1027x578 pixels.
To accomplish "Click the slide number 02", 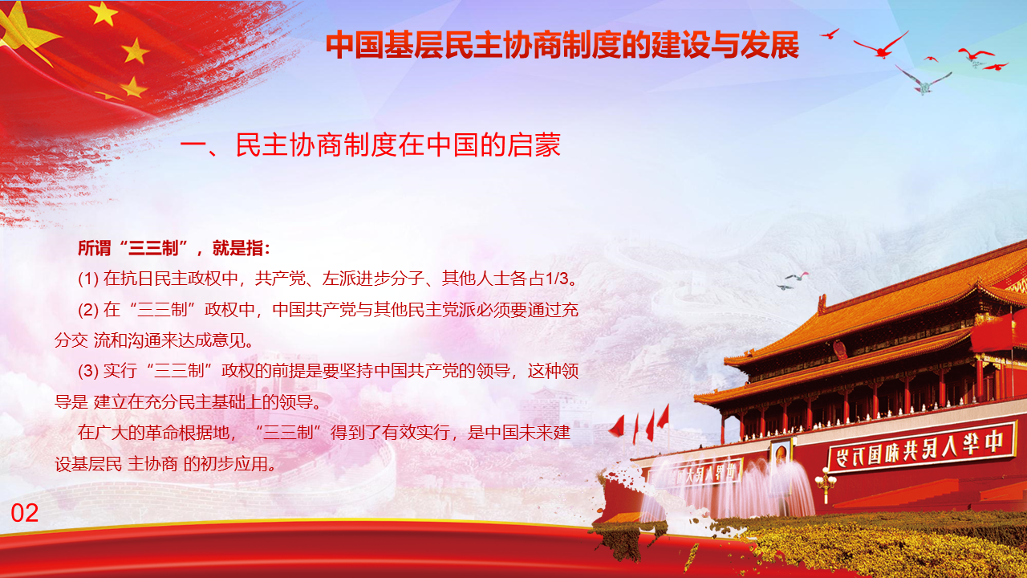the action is tap(24, 513).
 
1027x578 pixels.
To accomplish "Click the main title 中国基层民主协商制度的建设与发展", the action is tap(562, 45).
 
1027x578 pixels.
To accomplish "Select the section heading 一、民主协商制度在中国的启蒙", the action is tap(371, 145).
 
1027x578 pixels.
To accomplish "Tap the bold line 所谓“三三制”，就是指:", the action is tap(174, 248).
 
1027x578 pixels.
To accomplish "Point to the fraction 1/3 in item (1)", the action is tap(556, 279).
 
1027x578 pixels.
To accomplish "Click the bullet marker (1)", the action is tap(88, 279).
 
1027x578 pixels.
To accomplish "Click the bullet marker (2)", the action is tap(88, 310).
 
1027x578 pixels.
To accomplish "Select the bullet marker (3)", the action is tap(88, 371).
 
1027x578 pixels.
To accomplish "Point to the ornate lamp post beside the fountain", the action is tap(826, 485).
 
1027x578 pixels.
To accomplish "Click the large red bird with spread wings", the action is tap(881, 46).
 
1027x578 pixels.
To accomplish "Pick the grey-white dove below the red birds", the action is tap(923, 81).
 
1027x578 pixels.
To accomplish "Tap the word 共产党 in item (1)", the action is tap(280, 279).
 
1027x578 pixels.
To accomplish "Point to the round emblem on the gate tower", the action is tap(839, 349).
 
